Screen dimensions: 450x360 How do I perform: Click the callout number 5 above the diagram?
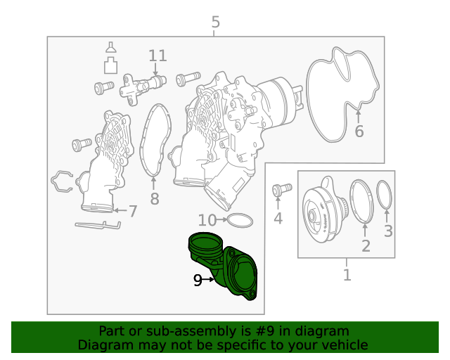coord(216,22)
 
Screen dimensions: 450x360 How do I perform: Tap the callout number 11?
coord(157,56)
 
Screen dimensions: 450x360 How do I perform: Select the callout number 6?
coord(359,131)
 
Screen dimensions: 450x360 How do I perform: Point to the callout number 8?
coord(155,198)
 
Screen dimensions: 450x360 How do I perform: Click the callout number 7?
coord(133,212)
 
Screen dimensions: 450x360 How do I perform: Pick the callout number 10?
coord(207,220)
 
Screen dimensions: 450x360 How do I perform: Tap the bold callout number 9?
coord(198,280)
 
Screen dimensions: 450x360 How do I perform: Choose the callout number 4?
coord(278,218)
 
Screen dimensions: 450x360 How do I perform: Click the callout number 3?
coord(388,231)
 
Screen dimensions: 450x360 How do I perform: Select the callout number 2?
coord(366,246)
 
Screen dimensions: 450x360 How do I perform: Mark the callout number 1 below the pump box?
coord(347,275)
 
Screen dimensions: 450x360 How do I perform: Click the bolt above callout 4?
coord(282,189)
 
